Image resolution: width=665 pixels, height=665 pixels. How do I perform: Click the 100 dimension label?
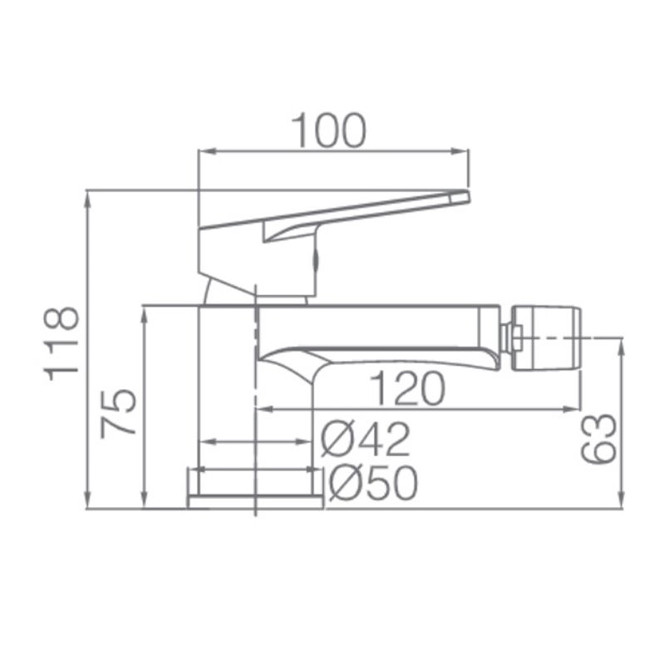pos(328,131)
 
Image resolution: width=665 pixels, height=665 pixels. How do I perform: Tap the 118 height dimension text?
pos(62,343)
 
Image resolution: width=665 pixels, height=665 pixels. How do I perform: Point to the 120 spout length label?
pos(408,388)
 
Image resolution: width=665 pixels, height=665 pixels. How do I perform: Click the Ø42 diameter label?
pos(366,440)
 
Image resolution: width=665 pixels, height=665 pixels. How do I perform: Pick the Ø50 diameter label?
pos(373,483)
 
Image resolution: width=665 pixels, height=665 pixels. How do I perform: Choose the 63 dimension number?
pos(598,438)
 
